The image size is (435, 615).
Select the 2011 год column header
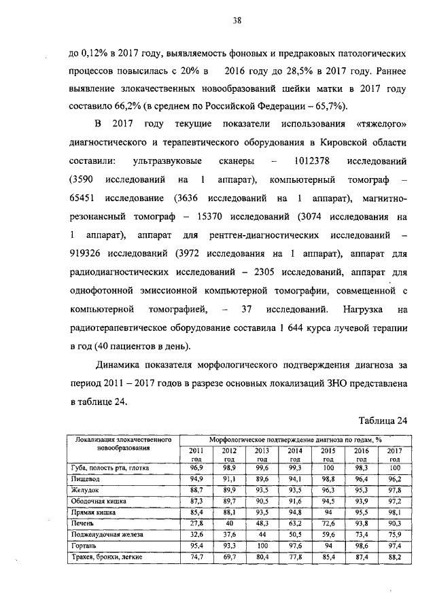click(x=194, y=455)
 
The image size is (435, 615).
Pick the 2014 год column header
click(x=294, y=455)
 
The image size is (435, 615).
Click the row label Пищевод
click(x=87, y=479)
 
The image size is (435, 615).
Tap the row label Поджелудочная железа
click(x=102, y=534)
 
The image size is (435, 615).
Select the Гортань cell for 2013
click(x=261, y=546)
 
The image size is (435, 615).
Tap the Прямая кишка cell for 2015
click(x=328, y=512)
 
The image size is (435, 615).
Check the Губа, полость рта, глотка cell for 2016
click(x=362, y=468)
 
